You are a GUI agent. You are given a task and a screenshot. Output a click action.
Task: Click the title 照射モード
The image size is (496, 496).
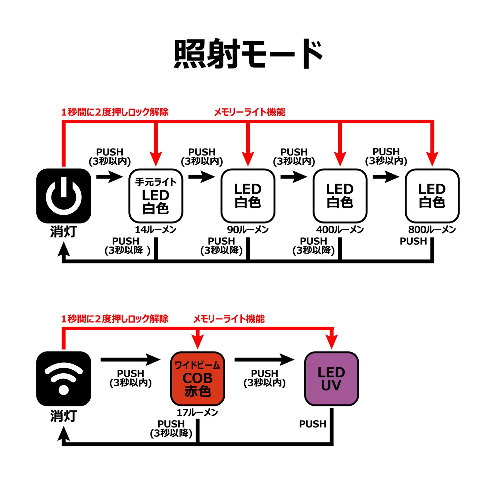click(x=248, y=54)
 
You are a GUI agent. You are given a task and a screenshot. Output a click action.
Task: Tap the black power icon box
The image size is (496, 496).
click(x=63, y=196)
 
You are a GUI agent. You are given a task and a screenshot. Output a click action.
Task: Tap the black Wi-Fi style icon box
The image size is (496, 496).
click(x=63, y=379)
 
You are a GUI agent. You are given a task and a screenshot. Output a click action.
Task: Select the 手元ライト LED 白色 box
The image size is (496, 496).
click(x=156, y=196)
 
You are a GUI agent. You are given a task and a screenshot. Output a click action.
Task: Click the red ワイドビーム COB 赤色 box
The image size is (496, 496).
click(x=197, y=379)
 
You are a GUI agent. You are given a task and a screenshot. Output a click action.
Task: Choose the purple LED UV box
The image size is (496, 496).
click(x=331, y=379)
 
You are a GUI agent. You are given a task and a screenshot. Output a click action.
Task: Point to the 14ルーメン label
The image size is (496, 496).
click(x=155, y=229)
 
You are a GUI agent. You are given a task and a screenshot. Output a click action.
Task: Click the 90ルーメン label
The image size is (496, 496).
click(x=248, y=229)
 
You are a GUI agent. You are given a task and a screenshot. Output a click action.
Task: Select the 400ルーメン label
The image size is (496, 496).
click(x=340, y=229)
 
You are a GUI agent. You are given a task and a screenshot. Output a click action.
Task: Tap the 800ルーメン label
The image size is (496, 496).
click(x=432, y=229)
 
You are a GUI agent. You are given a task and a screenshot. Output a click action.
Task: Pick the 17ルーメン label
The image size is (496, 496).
click(x=197, y=412)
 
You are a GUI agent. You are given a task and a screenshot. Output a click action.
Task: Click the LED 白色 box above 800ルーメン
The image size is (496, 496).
click(x=432, y=196)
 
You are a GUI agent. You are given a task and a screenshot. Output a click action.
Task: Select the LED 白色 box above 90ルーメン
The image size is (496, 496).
click(x=248, y=196)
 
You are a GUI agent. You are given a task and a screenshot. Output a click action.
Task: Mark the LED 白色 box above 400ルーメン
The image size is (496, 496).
click(x=340, y=196)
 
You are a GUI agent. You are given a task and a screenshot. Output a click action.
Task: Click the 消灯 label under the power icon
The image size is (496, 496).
click(x=63, y=231)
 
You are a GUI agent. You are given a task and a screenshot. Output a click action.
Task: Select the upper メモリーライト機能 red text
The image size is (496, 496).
click(x=250, y=112)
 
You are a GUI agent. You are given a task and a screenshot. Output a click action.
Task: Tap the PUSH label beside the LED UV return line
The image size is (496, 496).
click(x=312, y=424)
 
